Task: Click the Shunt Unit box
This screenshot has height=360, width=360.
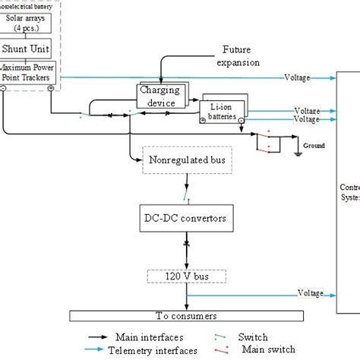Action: pyautogui.click(x=27, y=49)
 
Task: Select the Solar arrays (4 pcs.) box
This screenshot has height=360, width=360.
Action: pyautogui.click(x=27, y=21)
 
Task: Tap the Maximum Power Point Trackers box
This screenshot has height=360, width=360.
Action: pyautogui.click(x=28, y=72)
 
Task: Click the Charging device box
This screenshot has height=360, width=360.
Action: pyautogui.click(x=160, y=96)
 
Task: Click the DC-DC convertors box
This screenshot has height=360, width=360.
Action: pyautogui.click(x=183, y=219)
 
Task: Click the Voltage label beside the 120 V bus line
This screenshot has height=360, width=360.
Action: pyautogui.click(x=310, y=293)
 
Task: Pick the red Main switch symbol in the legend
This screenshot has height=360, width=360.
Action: pyautogui.click(x=222, y=350)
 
